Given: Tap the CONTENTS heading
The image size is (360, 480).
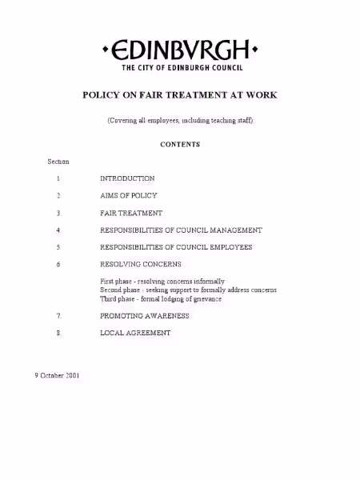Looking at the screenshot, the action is click(180, 145).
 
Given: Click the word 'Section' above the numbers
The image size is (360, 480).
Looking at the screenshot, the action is click(58, 162).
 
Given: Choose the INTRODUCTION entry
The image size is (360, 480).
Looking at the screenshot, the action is click(127, 178).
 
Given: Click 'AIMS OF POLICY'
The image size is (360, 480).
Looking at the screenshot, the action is click(128, 196).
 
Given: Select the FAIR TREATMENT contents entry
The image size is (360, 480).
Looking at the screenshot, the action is click(131, 213).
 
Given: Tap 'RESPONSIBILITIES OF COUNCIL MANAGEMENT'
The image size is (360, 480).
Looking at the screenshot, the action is click(181, 230).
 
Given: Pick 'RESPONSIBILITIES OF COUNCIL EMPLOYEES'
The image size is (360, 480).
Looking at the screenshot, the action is click(176, 247).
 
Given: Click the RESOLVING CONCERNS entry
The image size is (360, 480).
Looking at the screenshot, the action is click(140, 264).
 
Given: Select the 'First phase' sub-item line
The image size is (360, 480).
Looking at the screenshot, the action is click(162, 282).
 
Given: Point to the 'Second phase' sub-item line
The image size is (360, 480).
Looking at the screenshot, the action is click(188, 290).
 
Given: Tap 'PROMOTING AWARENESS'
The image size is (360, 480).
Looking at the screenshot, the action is click(145, 316).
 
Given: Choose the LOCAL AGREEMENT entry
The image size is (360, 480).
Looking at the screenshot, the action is click(135, 333).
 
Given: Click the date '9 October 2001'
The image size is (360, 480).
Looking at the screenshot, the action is click(56, 375).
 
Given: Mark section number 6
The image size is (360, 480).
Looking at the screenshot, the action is click(58, 264).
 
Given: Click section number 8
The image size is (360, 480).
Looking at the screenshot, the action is click(58, 333).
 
